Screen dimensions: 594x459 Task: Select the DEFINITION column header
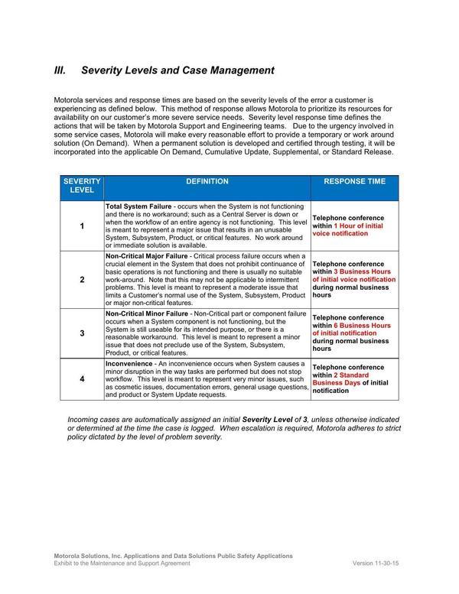point(207,182)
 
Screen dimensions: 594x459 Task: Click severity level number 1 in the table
point(82,226)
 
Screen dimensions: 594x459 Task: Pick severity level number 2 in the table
point(82,280)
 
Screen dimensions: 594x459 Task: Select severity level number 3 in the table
point(82,334)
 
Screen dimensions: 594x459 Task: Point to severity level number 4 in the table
point(82,380)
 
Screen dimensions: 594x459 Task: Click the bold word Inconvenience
point(129,363)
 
